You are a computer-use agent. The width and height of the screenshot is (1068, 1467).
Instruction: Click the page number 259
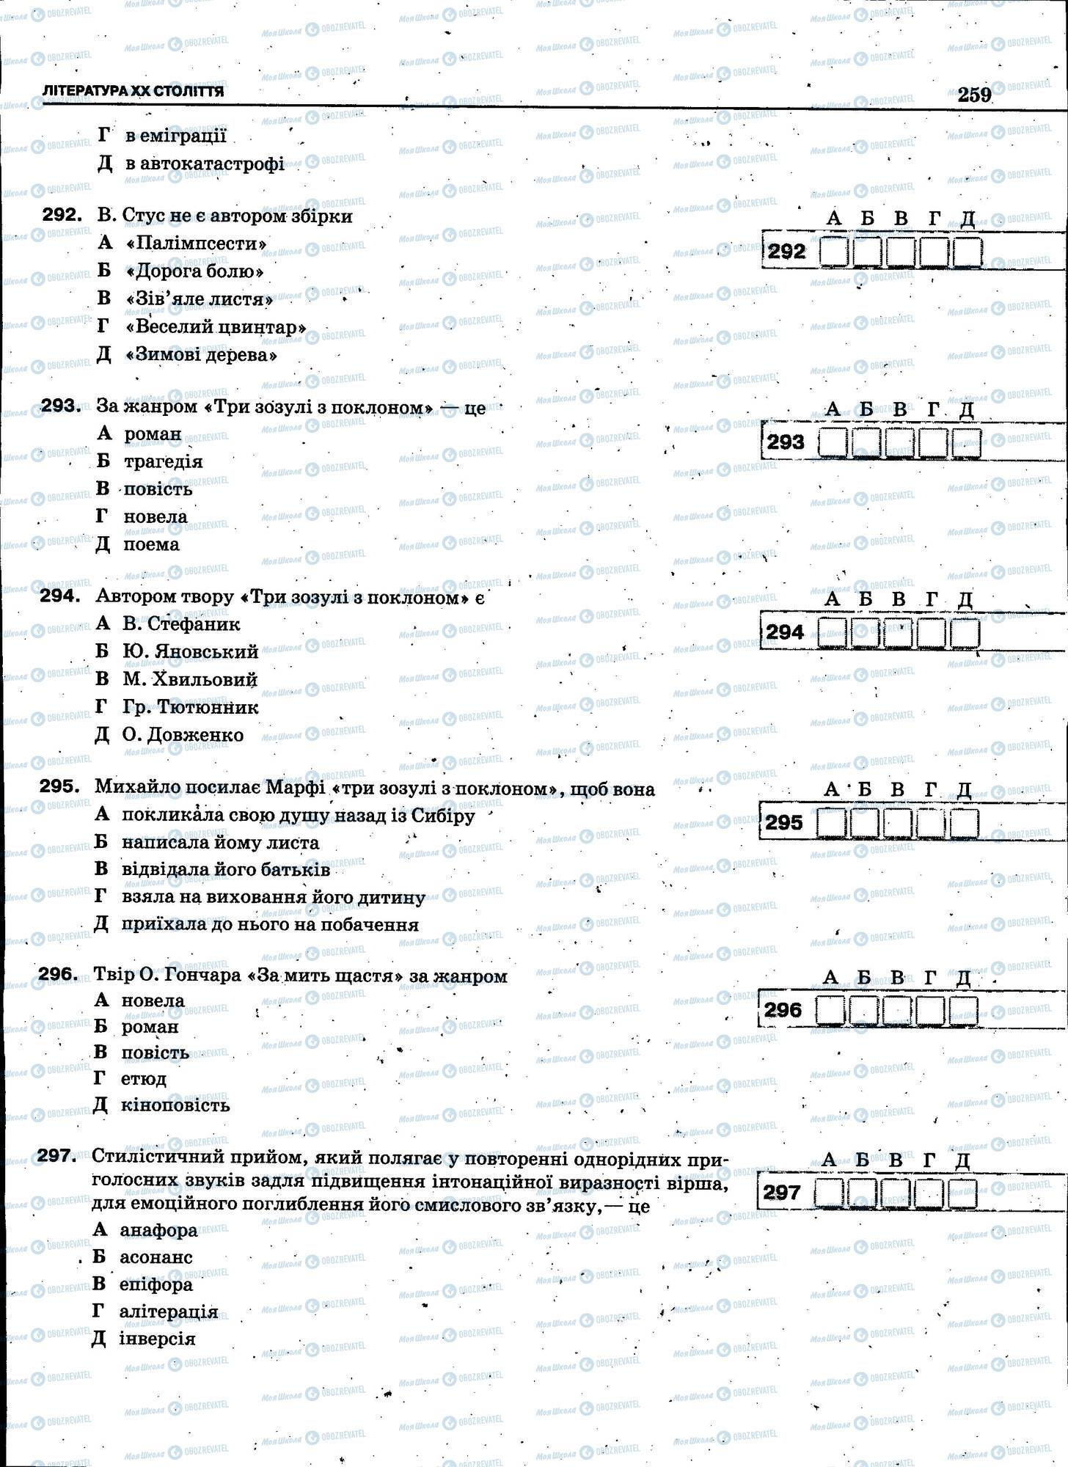[x=973, y=95]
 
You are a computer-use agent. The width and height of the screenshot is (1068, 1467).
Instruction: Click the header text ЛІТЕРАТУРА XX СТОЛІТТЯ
[x=133, y=92]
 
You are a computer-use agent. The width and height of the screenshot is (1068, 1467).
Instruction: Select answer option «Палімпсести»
[x=197, y=243]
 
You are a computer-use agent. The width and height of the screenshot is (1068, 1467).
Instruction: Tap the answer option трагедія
[x=162, y=461]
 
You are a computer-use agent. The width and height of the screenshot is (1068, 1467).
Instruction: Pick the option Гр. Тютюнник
[x=190, y=707]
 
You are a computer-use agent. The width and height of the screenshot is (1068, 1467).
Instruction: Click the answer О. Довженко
[x=183, y=735]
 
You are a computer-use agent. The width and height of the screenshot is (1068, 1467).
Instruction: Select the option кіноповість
[x=175, y=1105]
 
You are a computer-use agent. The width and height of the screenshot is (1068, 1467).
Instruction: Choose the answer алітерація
[x=168, y=1311]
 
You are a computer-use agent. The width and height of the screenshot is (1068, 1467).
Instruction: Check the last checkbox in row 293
[x=966, y=442]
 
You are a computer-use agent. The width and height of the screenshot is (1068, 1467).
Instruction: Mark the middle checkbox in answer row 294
[x=898, y=632]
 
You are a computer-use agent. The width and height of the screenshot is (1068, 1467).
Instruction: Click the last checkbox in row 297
[x=962, y=1193]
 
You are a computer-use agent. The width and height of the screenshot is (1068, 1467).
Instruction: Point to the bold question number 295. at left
[x=59, y=786]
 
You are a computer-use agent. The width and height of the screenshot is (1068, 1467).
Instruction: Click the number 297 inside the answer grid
[x=781, y=1193]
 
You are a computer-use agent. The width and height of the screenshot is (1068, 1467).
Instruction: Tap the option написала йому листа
[x=220, y=843]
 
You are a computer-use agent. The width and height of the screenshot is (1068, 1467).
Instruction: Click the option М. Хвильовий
[x=189, y=679]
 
